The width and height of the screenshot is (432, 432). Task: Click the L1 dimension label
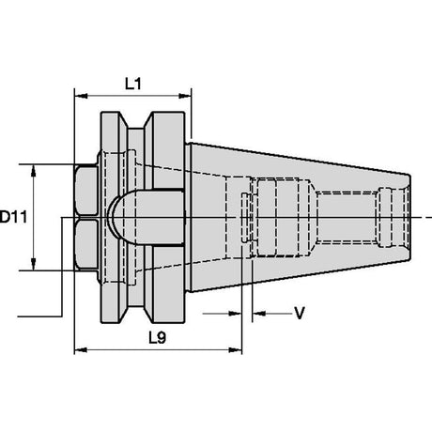coord(133,84)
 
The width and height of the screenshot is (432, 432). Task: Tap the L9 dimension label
coord(157,338)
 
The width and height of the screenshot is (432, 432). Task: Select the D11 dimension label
coord(13,217)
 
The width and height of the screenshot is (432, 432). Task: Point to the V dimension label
coord(300,313)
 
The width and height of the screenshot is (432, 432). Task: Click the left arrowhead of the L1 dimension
coord(81,96)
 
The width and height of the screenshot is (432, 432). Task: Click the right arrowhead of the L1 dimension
coord(185,96)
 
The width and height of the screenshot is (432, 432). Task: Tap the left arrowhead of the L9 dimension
coord(81,350)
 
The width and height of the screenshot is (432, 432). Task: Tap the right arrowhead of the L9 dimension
coord(236,350)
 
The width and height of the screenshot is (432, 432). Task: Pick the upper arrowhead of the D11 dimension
coord(33,171)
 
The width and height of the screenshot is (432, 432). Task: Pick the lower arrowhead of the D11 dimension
coord(33,264)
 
